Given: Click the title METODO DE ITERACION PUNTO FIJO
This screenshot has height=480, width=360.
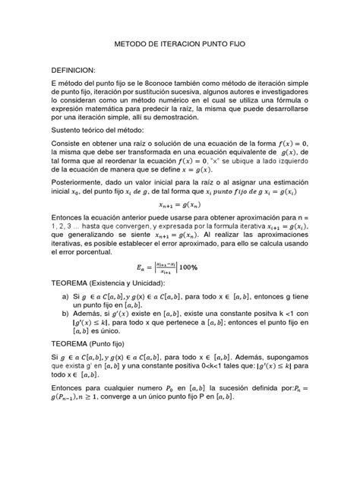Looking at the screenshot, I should click(180, 46).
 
